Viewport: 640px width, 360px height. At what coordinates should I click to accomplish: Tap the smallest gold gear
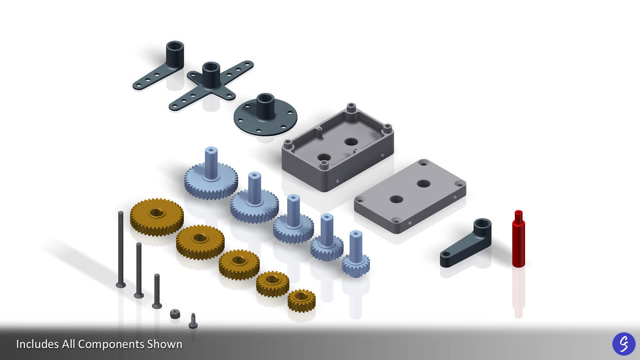[x=302, y=300]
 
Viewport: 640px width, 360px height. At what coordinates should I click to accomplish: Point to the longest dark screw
[x=120, y=248]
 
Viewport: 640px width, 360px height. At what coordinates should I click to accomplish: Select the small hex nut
[x=175, y=314]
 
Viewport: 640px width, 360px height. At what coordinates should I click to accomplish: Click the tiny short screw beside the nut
[x=193, y=321]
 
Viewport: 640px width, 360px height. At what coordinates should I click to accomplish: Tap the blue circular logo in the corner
[x=624, y=344]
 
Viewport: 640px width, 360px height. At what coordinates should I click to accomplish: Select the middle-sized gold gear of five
[x=239, y=264]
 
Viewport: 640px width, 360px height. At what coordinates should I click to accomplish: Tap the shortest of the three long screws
[x=157, y=291]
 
